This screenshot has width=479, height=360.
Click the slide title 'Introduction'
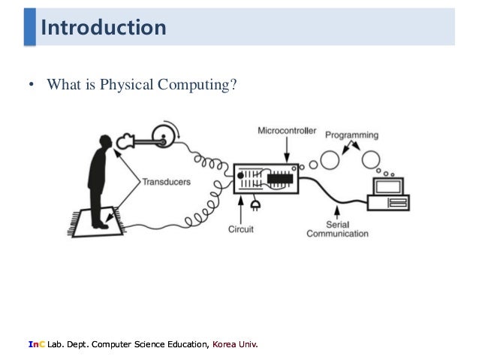coord(104,29)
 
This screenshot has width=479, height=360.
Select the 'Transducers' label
coord(166,181)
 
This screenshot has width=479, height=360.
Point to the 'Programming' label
coord(351,135)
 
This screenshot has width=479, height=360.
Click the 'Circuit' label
coord(242,228)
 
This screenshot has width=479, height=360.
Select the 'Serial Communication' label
coord(337,228)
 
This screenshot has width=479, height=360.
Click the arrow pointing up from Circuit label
coord(239,205)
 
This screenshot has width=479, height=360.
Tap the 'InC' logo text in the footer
coord(35,344)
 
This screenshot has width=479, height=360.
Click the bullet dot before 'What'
coord(32,86)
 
